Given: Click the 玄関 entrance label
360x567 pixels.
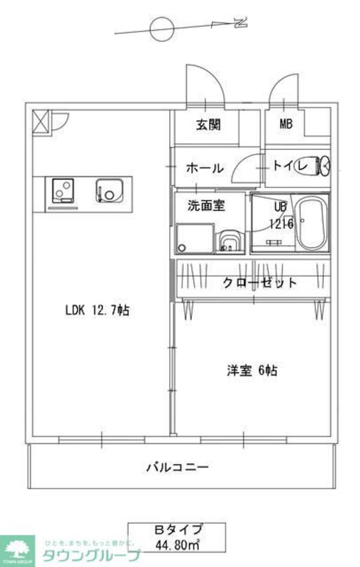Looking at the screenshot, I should click(208, 125).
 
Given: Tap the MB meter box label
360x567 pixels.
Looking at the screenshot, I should click(285, 125).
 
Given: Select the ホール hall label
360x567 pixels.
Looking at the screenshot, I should click(205, 169).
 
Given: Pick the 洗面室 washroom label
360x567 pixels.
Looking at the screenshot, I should click(206, 206).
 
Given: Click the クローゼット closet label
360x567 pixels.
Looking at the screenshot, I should click(260, 283).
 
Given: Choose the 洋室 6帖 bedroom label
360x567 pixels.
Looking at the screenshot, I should click(251, 371).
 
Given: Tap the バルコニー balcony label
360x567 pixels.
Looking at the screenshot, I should click(178, 466).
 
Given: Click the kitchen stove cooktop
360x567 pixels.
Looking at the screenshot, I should click(61, 191).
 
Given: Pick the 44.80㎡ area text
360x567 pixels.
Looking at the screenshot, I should click(177, 545).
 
